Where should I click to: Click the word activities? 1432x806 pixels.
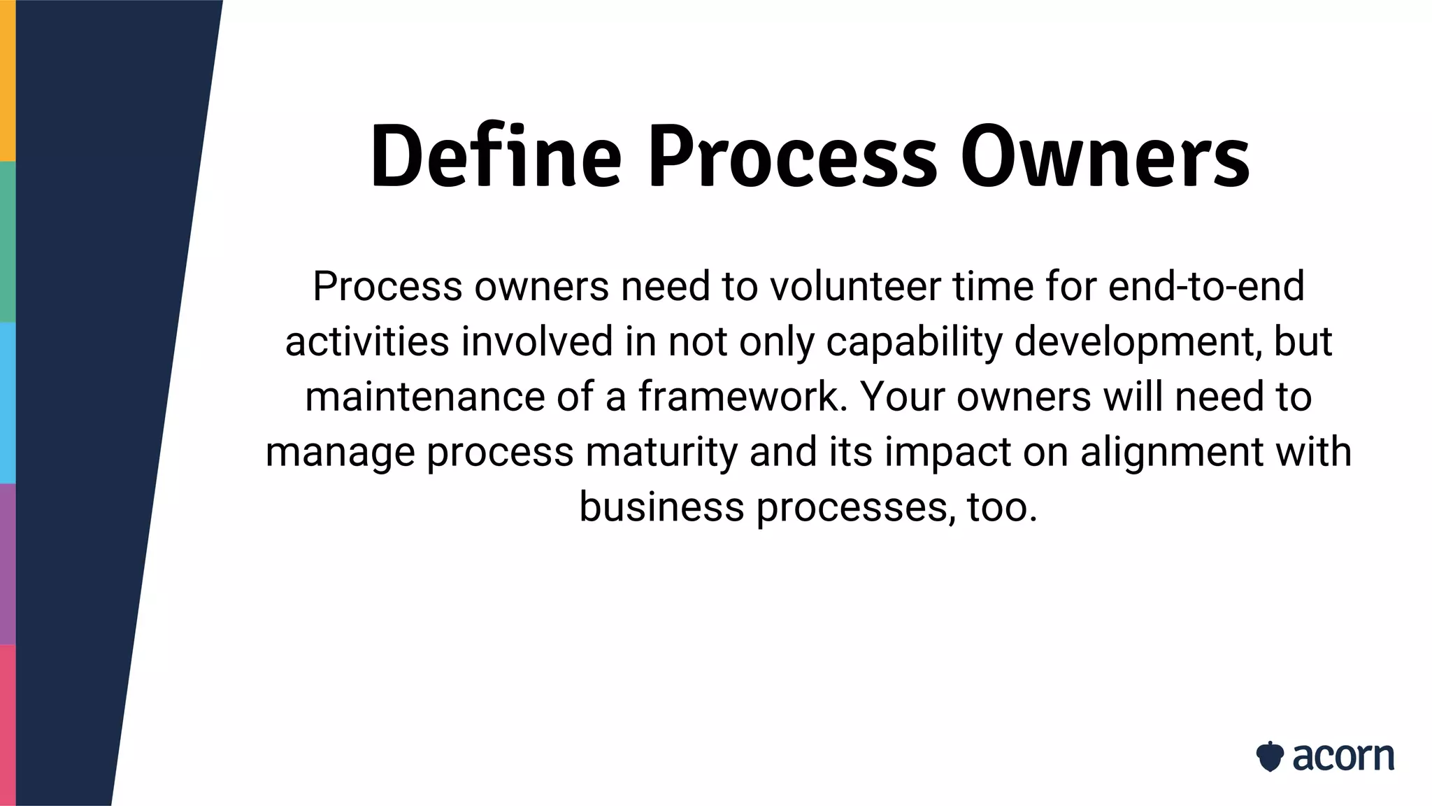tap(367, 341)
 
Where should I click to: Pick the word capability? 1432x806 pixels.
tap(914, 341)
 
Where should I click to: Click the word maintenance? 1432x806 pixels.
tap(424, 397)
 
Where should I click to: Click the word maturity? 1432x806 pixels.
tap(661, 452)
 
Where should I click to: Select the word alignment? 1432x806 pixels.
tap(1171, 452)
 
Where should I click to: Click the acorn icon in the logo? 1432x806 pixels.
tap(1269, 757)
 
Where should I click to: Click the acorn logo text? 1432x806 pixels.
tap(1342, 757)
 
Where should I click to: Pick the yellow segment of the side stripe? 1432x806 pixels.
tap(8, 80)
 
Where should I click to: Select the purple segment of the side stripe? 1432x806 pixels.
tap(8, 564)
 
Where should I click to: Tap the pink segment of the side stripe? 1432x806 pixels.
tap(8, 725)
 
